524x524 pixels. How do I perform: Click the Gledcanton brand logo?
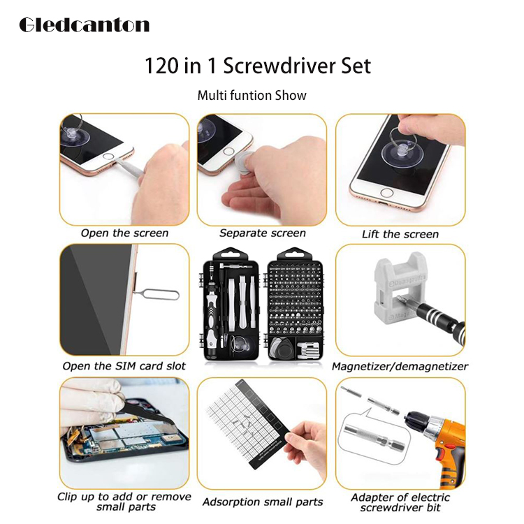pyautogui.click(x=85, y=25)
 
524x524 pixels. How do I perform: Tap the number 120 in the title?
pyautogui.click(x=161, y=66)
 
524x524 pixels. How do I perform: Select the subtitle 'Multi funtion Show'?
pyautogui.click(x=252, y=96)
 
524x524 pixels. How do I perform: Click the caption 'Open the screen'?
pyautogui.click(x=124, y=233)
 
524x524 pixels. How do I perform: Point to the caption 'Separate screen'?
pyautogui.click(x=263, y=233)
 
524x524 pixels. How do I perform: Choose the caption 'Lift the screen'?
pyautogui.click(x=400, y=234)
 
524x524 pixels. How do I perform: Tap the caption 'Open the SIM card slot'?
pyautogui.click(x=124, y=366)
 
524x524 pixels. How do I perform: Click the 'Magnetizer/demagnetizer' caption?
pyautogui.click(x=400, y=367)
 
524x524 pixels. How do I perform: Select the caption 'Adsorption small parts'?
pyautogui.click(x=263, y=502)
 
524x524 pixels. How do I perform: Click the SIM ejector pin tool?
pyautogui.click(x=157, y=295)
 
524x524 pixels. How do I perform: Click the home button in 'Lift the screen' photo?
pyautogui.click(x=386, y=193)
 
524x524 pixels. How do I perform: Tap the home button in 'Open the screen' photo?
pyautogui.click(x=108, y=156)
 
